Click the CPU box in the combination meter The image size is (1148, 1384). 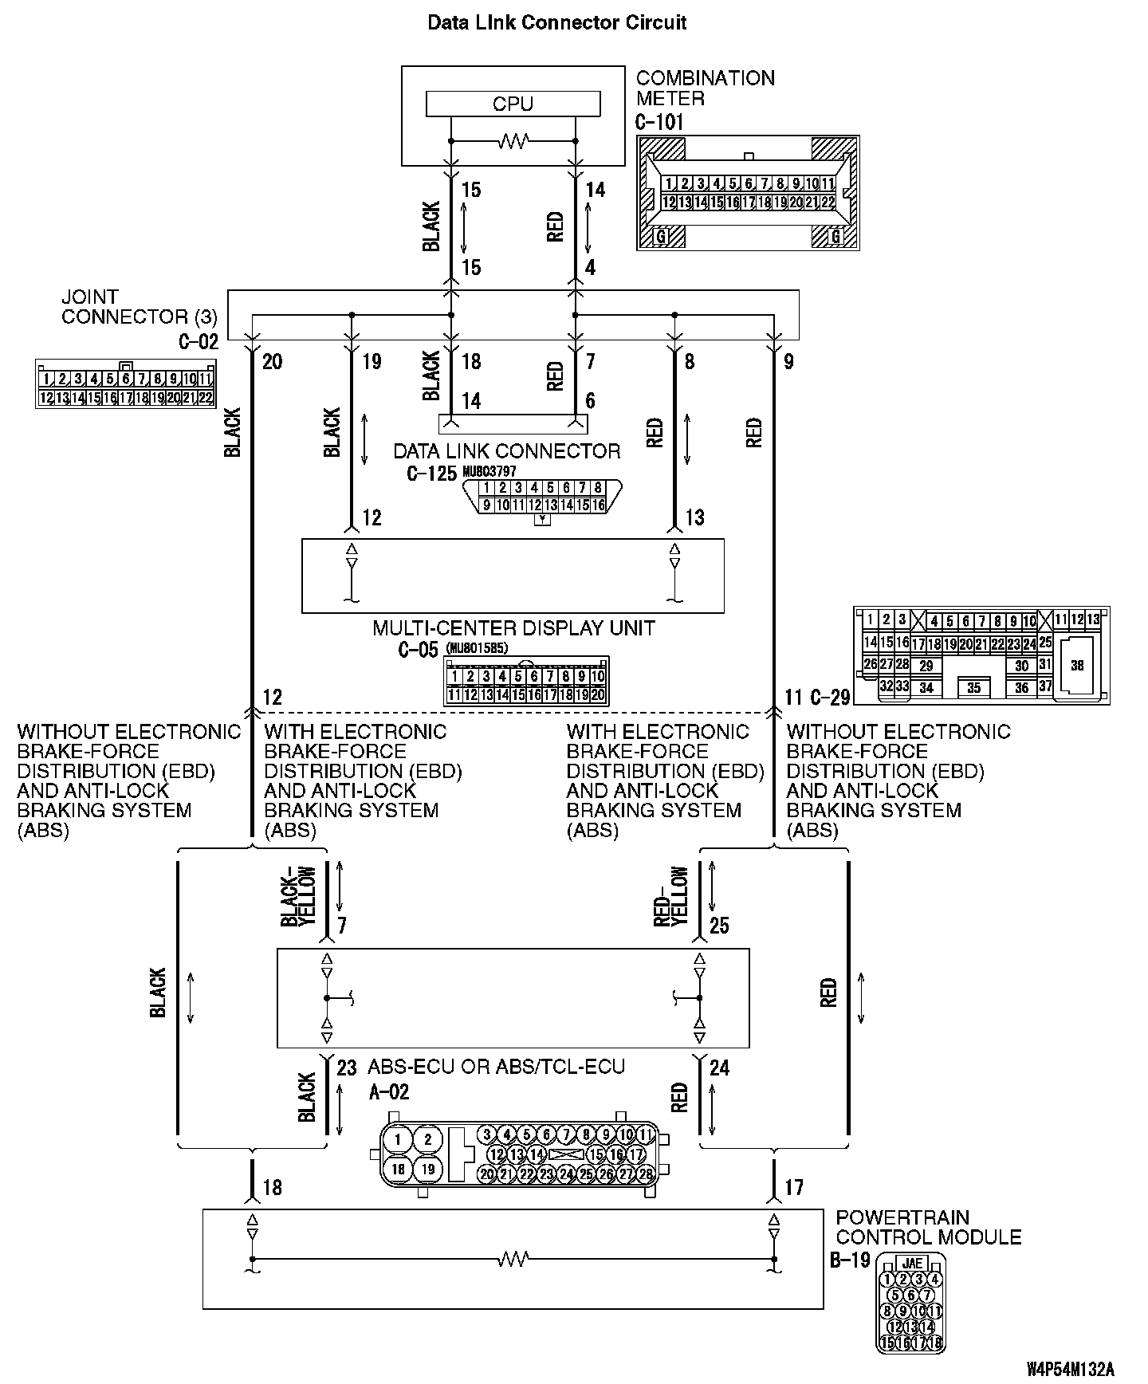pyautogui.click(x=513, y=104)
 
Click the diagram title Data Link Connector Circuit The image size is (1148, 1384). pyautogui.click(x=556, y=22)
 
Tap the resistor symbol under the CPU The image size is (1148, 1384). pyautogui.click(x=513, y=143)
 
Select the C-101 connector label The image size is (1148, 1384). pyautogui.click(x=659, y=122)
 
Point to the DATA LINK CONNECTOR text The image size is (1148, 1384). pyautogui.click(x=507, y=451)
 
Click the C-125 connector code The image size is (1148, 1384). pyautogui.click(x=431, y=474)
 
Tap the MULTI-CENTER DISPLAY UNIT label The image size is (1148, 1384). pyautogui.click(x=513, y=628)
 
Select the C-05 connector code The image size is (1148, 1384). pyautogui.click(x=418, y=650)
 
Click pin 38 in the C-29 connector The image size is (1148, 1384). pyautogui.click(x=1077, y=666)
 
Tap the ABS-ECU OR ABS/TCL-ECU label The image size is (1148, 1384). pyautogui.click(x=496, y=1067)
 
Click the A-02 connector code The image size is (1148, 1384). pyautogui.click(x=389, y=1092)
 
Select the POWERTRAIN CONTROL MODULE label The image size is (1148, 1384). pyautogui.click(x=928, y=1228)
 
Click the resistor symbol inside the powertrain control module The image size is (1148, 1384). pyautogui.click(x=513, y=1260)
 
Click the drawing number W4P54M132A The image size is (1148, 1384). pyautogui.click(x=1070, y=1370)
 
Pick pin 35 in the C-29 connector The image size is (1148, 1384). pyautogui.click(x=973, y=687)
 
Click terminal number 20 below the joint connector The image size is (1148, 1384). pyautogui.click(x=272, y=362)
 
